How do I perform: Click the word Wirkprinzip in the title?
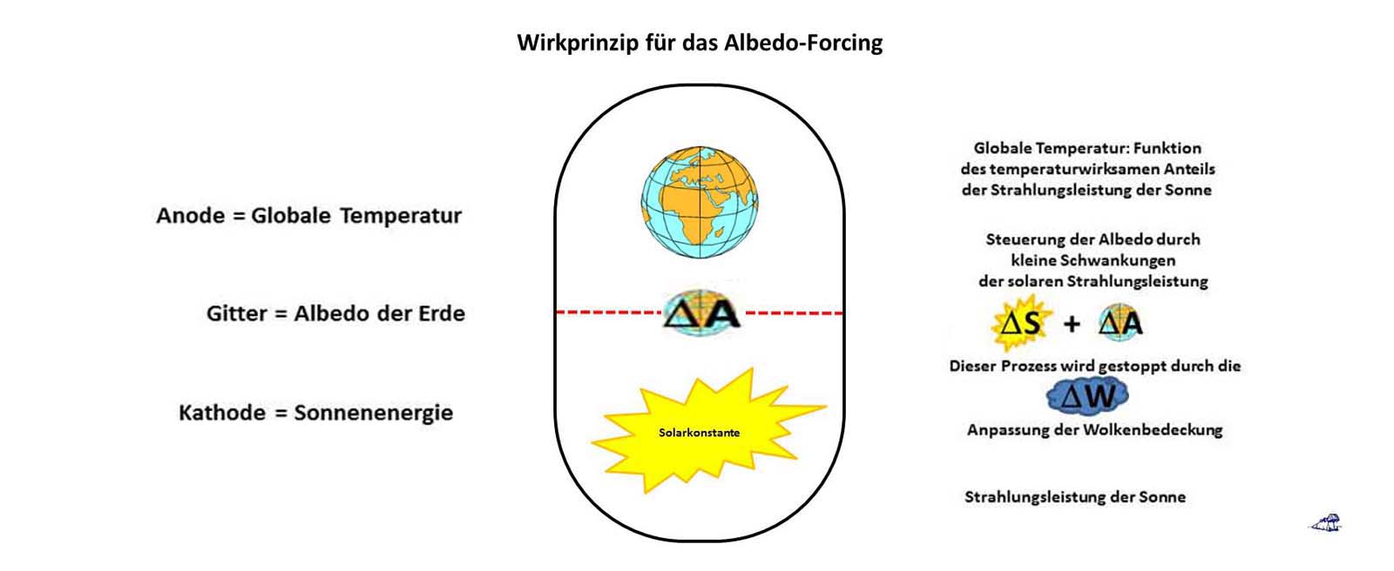tap(565, 43)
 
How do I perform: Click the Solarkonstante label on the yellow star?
tap(699, 433)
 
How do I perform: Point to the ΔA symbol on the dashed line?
tap(701, 313)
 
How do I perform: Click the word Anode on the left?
tap(190, 216)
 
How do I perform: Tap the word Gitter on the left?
tap(236, 313)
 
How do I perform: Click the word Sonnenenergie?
tap(373, 413)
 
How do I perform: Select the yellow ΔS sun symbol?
tap(1021, 324)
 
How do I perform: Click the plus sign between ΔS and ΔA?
tap(1072, 325)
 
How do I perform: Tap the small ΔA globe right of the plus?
tap(1120, 324)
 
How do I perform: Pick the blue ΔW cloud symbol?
tap(1088, 397)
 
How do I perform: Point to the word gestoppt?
tap(1129, 366)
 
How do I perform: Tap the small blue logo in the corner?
tap(1325, 523)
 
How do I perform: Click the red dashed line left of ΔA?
tap(610, 312)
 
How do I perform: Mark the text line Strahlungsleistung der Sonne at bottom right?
tap(1074, 497)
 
